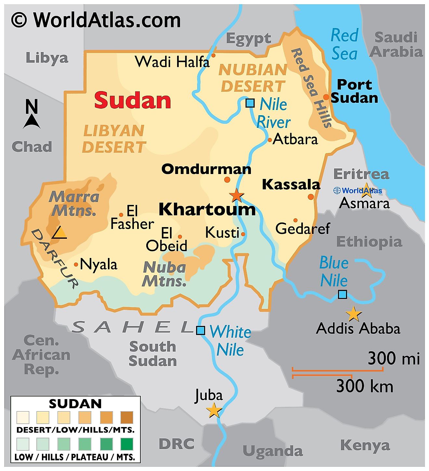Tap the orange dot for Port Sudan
point(326,97)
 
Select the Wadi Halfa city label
point(172,62)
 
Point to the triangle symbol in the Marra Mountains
point(60,233)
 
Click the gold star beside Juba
point(214,410)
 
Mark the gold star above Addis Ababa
point(353,314)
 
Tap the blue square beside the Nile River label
point(250,103)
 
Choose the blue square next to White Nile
point(201,330)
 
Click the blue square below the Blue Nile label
point(342,294)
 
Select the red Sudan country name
point(133,100)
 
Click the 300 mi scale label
point(394,359)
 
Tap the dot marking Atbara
point(269,140)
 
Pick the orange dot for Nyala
point(76,264)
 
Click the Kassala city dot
point(311,196)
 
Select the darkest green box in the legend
point(127,444)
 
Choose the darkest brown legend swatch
point(127,418)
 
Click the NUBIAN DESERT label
point(253,78)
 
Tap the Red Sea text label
point(344,44)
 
